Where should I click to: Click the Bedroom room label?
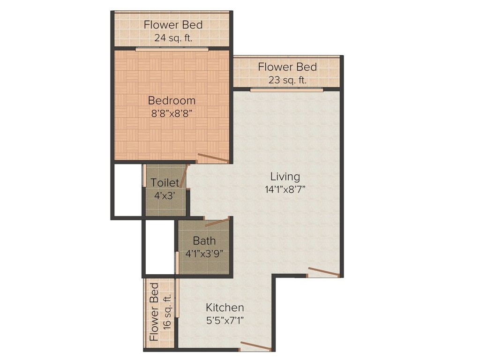click(x=172, y=100)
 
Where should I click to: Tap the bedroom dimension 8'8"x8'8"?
click(x=172, y=113)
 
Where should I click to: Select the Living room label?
click(x=285, y=177)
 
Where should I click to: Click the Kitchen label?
click(x=225, y=307)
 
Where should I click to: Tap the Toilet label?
click(x=165, y=183)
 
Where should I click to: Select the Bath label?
click(x=204, y=241)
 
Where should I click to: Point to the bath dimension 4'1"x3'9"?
click(x=204, y=253)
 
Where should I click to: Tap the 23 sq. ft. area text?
click(x=287, y=80)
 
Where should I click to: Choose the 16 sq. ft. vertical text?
click(x=167, y=312)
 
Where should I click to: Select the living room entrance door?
click(x=323, y=272)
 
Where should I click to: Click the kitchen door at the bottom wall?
click(x=255, y=347)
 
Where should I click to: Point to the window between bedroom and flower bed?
click(x=172, y=48)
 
